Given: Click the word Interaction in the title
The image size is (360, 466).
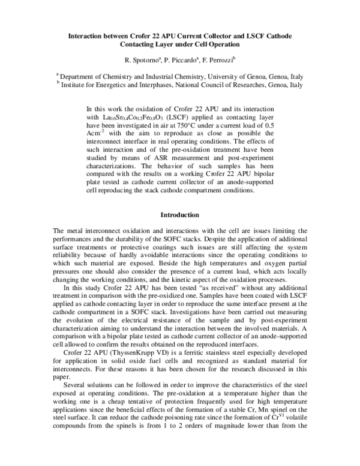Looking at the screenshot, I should coord(88,37).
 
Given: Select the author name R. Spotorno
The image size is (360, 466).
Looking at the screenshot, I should coord(142,61).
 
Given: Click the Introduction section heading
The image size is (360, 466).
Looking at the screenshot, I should coord(179,215).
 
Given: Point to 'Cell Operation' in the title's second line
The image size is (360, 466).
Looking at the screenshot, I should coord(214,45).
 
